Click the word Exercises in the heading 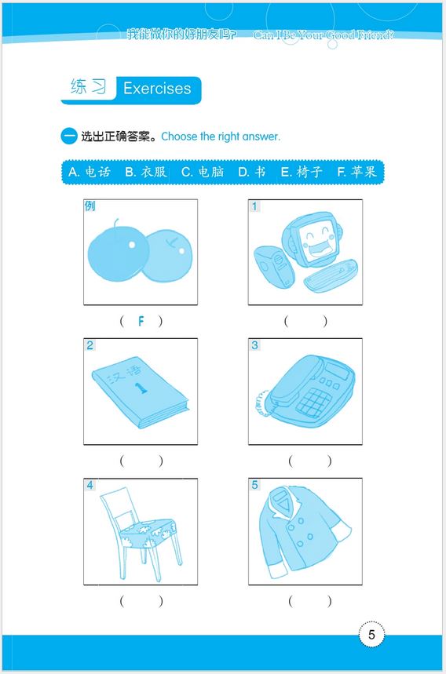157,89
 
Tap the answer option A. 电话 90,172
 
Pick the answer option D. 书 252,172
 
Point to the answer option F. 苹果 356,172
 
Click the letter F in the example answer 141,321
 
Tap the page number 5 371,634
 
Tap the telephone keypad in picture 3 315,403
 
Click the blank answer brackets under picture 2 141,461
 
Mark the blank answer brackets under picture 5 309,601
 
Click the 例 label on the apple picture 90,206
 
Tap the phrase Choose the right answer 221,137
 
